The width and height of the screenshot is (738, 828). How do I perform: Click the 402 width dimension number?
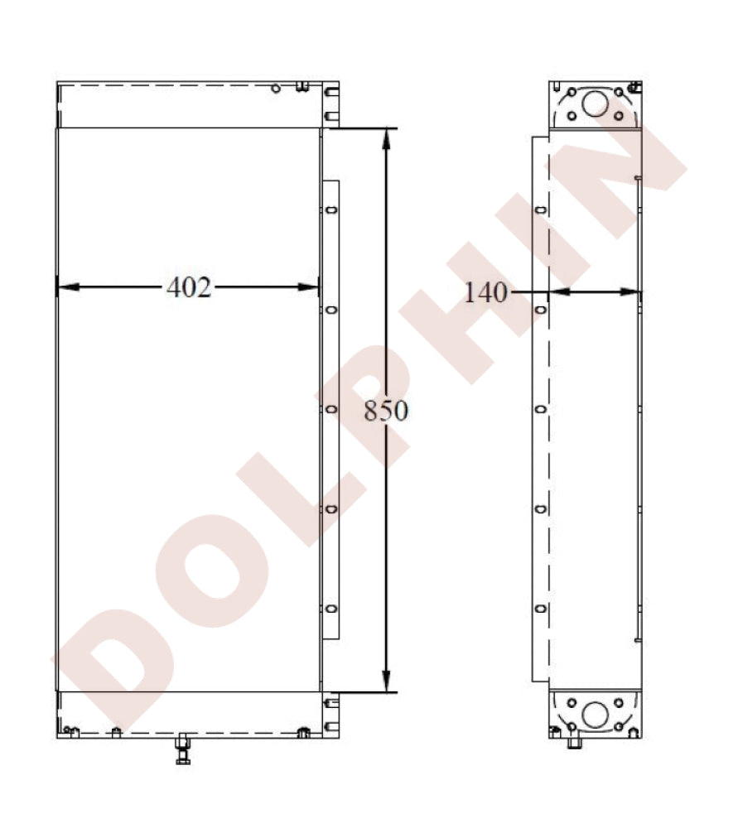pyautogui.click(x=189, y=288)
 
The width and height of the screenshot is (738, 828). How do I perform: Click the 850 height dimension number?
pyautogui.click(x=386, y=411)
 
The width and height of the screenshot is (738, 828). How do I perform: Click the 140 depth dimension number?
pyautogui.click(x=485, y=292)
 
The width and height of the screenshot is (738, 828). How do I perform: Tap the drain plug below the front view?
pyautogui.click(x=183, y=749)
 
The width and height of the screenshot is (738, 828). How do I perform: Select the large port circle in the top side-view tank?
pyautogui.click(x=595, y=103)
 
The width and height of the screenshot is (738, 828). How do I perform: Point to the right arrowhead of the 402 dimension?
pyautogui.click(x=308, y=287)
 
